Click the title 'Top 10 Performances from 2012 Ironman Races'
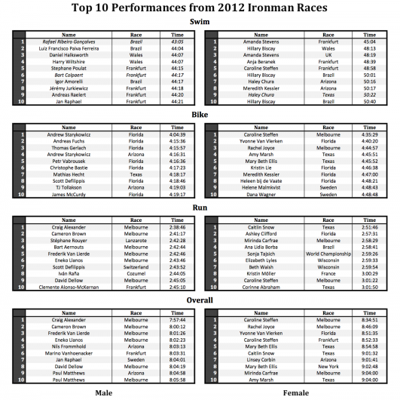200,8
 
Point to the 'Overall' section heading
200,300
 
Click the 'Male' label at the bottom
104,392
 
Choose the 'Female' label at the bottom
295,392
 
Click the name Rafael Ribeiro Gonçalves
69,42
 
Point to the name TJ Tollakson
69,188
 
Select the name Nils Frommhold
69,346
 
